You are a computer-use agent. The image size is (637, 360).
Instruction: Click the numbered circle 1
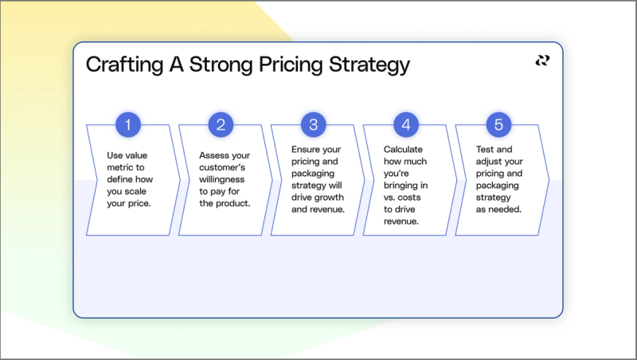tap(128, 124)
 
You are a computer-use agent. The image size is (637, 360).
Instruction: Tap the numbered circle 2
tap(221, 124)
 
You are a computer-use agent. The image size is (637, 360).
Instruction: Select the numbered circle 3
tap(314, 124)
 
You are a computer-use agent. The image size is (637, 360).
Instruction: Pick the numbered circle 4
tap(406, 124)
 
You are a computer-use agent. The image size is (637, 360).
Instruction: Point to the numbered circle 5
tap(498, 124)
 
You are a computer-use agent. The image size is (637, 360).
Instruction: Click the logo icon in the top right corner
tap(542, 61)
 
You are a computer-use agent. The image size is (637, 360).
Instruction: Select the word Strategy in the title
tap(371, 65)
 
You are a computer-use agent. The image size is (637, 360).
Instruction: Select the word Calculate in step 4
tap(403, 149)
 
